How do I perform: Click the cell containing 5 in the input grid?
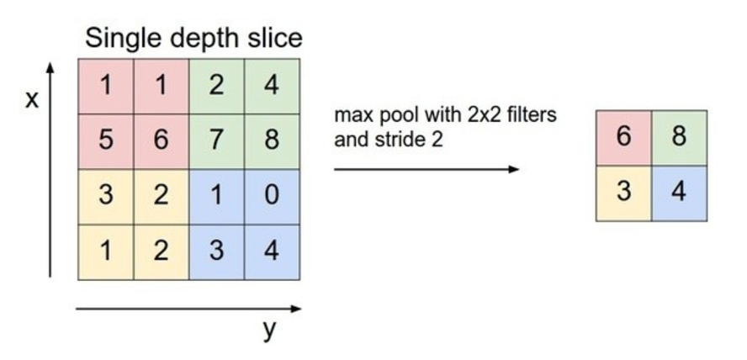106,140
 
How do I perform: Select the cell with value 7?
216,140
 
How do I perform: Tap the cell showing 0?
271,195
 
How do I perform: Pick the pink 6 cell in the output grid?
623,137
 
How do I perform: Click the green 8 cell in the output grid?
679,137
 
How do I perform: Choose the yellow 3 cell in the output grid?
623,193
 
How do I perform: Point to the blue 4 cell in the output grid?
679,193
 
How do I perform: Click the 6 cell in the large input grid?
161,140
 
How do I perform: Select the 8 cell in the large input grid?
271,140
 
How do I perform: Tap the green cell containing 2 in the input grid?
216,86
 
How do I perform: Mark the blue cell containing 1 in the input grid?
216,195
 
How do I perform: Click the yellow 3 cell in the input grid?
106,195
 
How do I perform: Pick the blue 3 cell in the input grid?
216,251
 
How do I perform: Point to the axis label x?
32,100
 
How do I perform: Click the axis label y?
269,330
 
